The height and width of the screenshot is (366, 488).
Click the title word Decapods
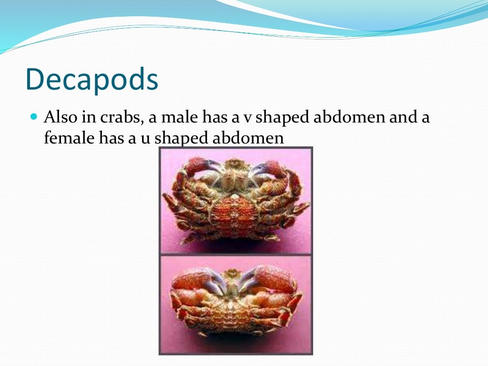pyautogui.click(x=91, y=80)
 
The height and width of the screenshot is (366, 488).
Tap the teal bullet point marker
pyautogui.click(x=33, y=116)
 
